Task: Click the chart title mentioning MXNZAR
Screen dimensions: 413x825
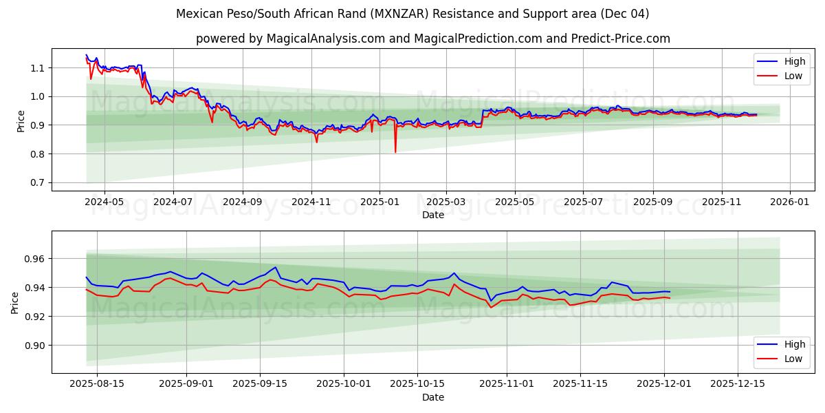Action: [x=412, y=14]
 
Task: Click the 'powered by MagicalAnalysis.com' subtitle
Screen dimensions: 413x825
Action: [x=433, y=39]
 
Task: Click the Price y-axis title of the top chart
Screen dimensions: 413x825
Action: [x=21, y=121]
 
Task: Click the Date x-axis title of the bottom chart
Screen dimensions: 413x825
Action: [x=433, y=397]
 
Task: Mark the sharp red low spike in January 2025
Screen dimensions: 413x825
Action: [x=395, y=151]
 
